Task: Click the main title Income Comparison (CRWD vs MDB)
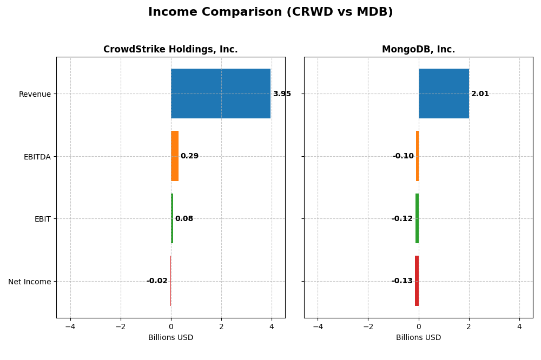pyautogui.click(x=270, y=12)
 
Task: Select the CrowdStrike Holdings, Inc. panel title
pyautogui.click(x=170, y=49)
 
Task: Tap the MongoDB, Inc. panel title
pyautogui.click(x=418, y=49)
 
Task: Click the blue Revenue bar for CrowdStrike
pyautogui.click(x=221, y=94)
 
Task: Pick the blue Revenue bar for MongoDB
pyautogui.click(x=444, y=94)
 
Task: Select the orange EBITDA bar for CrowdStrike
pyautogui.click(x=175, y=156)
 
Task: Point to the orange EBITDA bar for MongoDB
pyautogui.click(x=417, y=156)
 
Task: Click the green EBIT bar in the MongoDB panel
pyautogui.click(x=417, y=218)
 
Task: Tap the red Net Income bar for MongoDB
pyautogui.click(x=417, y=281)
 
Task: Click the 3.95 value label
pyautogui.click(x=282, y=94)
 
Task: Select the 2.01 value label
pyautogui.click(x=480, y=94)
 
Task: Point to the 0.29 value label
pyautogui.click(x=189, y=156)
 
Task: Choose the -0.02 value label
pyautogui.click(x=157, y=281)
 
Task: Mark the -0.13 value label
pyautogui.click(x=402, y=281)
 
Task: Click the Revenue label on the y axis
pyautogui.click(x=35, y=94)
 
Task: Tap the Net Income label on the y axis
pyautogui.click(x=30, y=282)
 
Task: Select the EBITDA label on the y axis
pyautogui.click(x=37, y=157)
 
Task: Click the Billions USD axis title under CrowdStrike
pyautogui.click(x=170, y=338)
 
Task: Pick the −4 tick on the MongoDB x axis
pyautogui.click(x=318, y=326)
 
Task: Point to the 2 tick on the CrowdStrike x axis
pyautogui.click(x=221, y=326)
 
